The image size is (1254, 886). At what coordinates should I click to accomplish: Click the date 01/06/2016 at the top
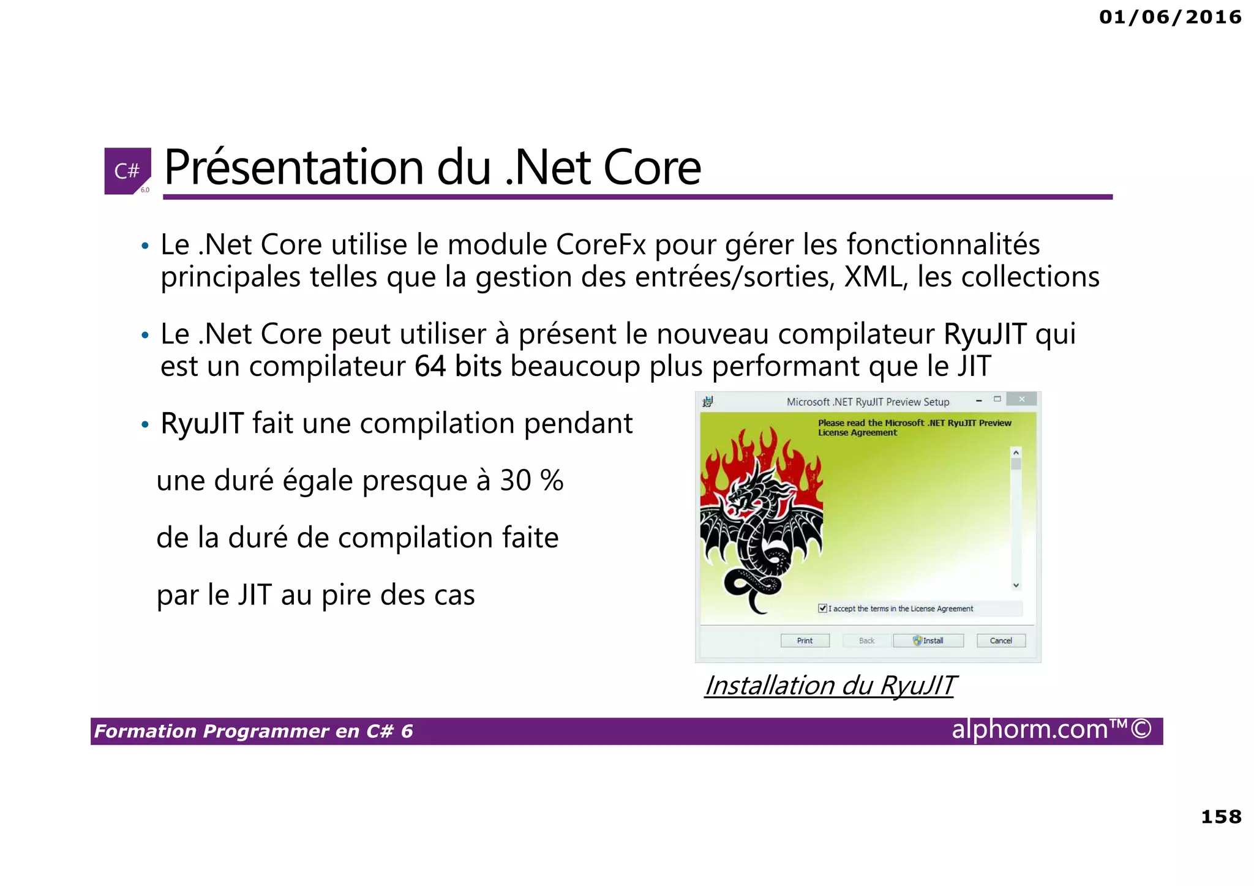[1170, 17]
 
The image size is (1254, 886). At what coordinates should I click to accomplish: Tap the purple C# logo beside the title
[127, 171]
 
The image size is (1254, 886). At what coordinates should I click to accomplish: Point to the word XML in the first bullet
[874, 277]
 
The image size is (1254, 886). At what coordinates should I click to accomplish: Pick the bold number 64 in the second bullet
[430, 367]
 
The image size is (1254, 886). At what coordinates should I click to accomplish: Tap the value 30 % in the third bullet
[531, 481]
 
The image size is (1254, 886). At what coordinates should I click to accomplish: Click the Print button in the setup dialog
[805, 640]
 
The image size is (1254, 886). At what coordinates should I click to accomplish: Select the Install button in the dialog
[928, 640]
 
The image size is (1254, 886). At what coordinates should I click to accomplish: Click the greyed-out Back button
[866, 640]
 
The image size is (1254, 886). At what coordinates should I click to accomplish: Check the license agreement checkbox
[822, 608]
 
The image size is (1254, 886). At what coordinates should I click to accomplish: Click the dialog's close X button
[1021, 400]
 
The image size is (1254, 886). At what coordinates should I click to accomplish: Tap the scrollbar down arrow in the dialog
[1016, 585]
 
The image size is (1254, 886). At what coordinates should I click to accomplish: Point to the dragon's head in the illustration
[749, 490]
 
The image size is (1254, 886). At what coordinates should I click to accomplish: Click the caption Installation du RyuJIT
[830, 685]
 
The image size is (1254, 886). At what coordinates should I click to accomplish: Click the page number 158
[1221, 817]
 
